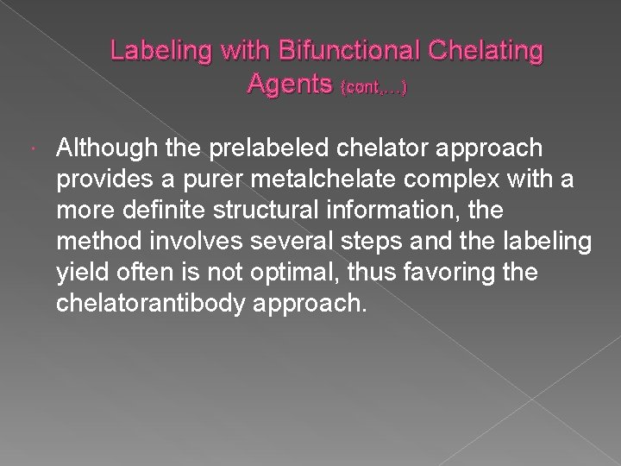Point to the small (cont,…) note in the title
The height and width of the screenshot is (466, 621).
tap(375, 86)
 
